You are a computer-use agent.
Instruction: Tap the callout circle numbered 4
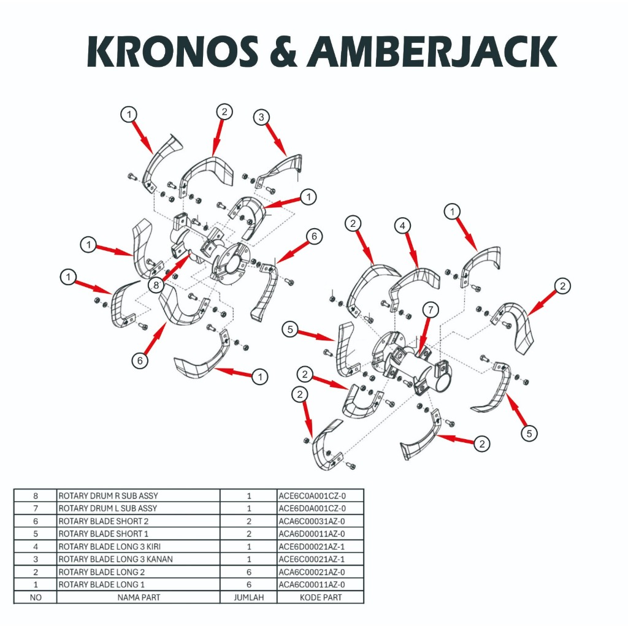(402, 226)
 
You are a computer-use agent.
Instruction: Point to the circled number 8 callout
(157, 285)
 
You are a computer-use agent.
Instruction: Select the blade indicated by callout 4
(417, 279)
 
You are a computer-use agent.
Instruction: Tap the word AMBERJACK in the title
(432, 53)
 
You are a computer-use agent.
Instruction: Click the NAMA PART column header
(138, 597)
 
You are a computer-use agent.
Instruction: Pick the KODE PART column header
(321, 597)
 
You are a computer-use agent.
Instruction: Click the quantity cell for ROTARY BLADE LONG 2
(248, 572)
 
